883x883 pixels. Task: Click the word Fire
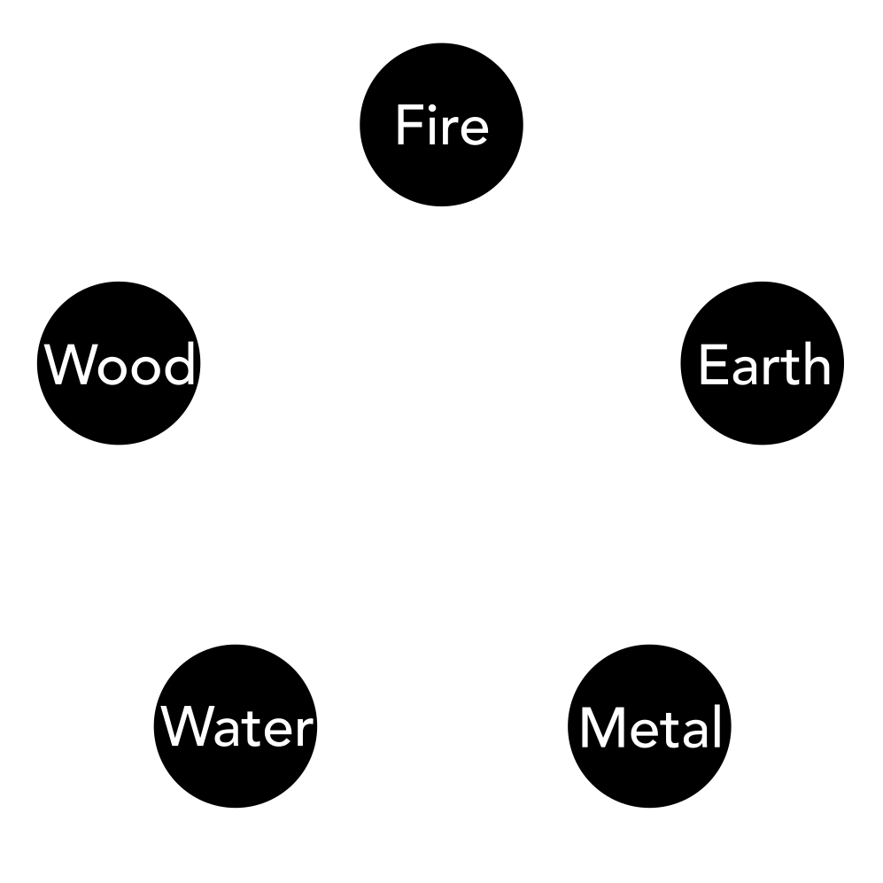[441, 126]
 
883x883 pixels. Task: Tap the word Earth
[764, 366]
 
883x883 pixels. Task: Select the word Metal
[651, 728]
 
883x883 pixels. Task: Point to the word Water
[238, 728]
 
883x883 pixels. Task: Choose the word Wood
[120, 366]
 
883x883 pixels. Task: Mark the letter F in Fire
[407, 126]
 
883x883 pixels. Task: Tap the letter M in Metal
[599, 728]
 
